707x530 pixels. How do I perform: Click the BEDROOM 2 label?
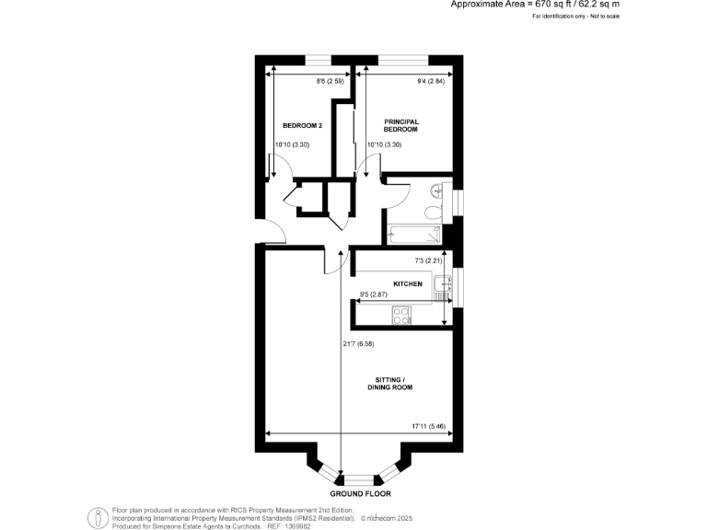pos(302,125)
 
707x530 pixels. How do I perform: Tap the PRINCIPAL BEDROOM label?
pos(401,125)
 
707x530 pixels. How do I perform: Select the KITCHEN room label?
pos(408,284)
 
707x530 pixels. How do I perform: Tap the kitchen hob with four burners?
pos(402,316)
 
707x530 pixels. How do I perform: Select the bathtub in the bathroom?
pos(414,234)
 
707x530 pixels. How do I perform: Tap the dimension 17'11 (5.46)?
pos(428,426)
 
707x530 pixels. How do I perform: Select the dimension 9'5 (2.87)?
pos(374,295)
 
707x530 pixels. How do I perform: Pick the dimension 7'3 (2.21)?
pos(427,260)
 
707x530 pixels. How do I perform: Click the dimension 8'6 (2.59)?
pos(330,81)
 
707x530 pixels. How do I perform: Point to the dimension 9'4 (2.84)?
pos(431,81)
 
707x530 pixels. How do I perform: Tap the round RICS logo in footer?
pos(97,517)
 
